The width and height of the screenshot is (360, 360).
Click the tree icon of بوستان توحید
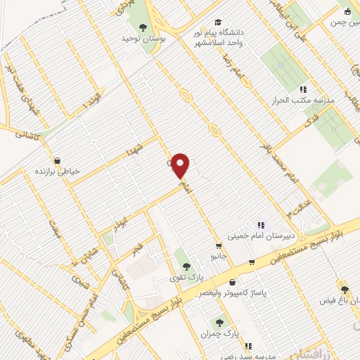(x=143, y=27)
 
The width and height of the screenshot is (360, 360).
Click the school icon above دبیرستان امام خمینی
(x=261, y=225)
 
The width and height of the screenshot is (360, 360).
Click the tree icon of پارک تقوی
(x=186, y=266)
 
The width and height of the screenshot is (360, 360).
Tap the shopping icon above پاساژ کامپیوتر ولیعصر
(x=250, y=262)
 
